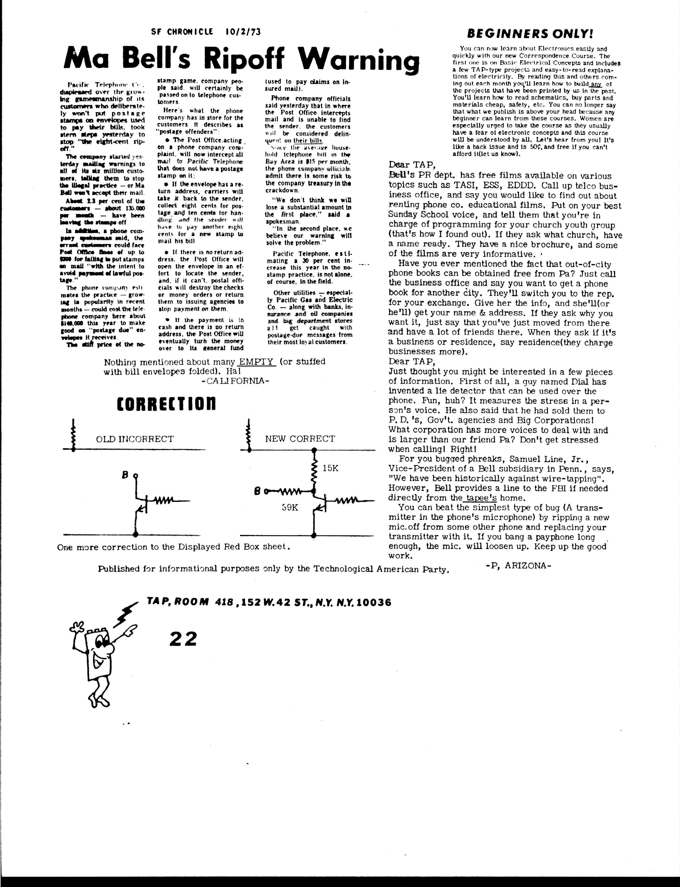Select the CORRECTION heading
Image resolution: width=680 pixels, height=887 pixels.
pyautogui.click(x=166, y=404)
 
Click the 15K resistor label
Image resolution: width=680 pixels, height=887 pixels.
pyautogui.click(x=330, y=468)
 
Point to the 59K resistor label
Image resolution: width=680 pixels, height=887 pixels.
pyautogui.click(x=290, y=507)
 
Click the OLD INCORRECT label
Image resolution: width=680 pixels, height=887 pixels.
pyautogui.click(x=135, y=439)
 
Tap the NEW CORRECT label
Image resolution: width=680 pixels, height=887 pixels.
pyautogui.click(x=300, y=439)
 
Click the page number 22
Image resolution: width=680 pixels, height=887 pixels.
pyautogui.click(x=183, y=639)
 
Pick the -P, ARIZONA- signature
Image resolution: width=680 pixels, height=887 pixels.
pyautogui.click(x=518, y=565)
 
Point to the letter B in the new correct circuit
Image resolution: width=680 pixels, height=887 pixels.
pyautogui.click(x=257, y=492)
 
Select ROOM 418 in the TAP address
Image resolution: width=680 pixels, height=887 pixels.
pyautogui.click(x=205, y=603)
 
